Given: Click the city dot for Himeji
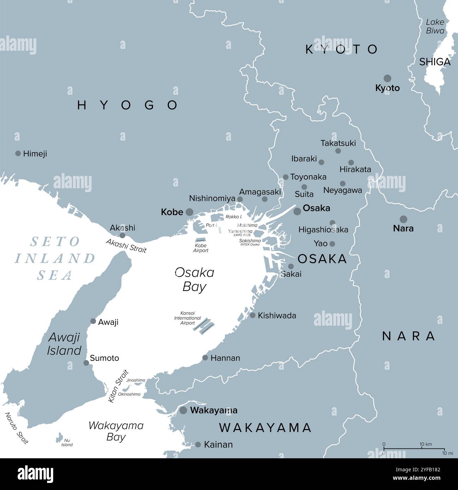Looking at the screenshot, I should [18, 153].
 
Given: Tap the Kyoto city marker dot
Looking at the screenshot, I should [388, 78].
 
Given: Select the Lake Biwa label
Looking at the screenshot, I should [435, 26].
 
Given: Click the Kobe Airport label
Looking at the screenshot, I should [201, 248].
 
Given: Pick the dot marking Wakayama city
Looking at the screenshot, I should [183, 410].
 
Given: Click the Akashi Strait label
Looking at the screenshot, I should [126, 246].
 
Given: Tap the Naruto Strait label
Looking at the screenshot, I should [16, 428].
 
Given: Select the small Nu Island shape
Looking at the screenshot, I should [59, 438].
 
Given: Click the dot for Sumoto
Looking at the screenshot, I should [86, 363].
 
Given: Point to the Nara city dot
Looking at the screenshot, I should [403, 219].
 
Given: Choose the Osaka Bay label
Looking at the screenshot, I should [194, 280].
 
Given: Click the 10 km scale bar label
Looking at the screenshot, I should [426, 444].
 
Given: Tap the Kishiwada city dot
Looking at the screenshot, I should [253, 315].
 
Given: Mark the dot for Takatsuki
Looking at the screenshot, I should [338, 151].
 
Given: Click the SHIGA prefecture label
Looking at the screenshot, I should [435, 62].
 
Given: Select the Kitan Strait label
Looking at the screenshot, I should [118, 386].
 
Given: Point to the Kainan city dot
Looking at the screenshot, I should [198, 445].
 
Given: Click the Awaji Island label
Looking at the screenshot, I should [64, 344].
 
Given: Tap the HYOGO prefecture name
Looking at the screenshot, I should [128, 105].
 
